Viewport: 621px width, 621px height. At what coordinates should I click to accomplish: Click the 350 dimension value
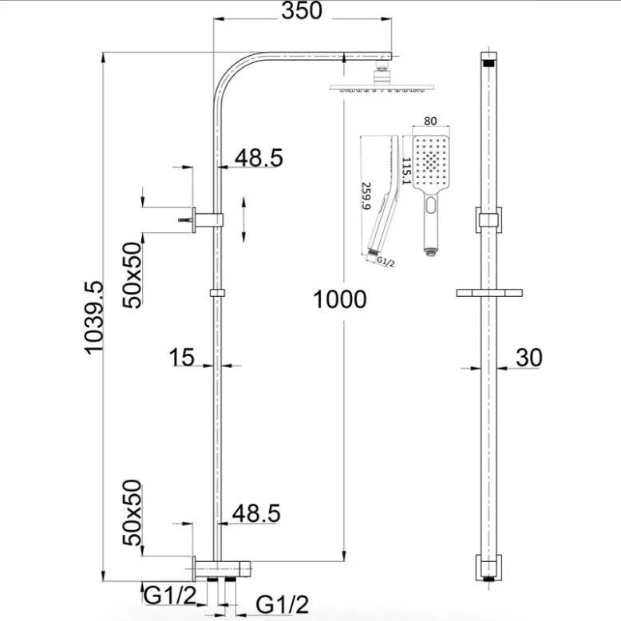302,11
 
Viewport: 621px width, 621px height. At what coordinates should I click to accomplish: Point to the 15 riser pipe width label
182,357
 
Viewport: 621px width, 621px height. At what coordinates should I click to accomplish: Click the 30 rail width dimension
529,358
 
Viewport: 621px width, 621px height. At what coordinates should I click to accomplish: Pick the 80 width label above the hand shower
430,122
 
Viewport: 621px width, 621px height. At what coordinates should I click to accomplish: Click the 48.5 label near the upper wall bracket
258,158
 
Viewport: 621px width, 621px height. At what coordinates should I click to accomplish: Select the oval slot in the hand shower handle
431,208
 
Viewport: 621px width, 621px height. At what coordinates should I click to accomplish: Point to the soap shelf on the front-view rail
489,293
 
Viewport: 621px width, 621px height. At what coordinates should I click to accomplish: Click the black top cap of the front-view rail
489,60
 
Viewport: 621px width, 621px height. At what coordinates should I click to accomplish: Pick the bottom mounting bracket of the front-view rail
489,566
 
